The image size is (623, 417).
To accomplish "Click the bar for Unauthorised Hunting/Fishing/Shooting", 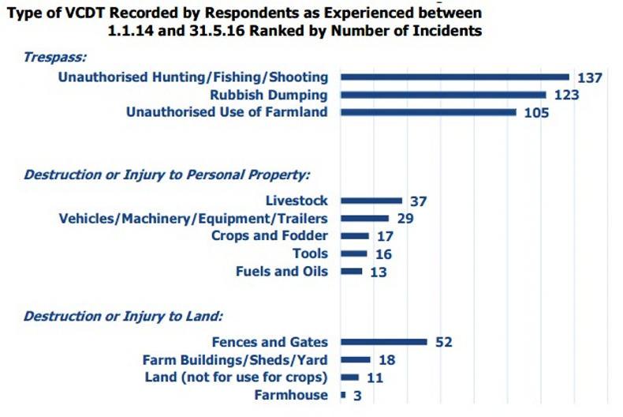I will [x=455, y=77].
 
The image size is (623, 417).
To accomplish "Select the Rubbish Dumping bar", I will [x=443, y=95].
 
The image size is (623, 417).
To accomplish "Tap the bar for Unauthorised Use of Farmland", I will [x=428, y=112].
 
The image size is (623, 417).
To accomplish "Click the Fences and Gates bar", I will [x=384, y=342].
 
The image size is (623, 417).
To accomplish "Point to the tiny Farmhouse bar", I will [x=343, y=394].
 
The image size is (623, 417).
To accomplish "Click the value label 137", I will [x=589, y=77].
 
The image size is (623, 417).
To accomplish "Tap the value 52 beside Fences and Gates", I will [x=443, y=342].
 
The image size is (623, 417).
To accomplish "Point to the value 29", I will [x=405, y=219].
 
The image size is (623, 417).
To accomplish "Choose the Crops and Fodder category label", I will [x=270, y=236].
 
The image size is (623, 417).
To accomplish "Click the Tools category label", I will [x=310, y=254].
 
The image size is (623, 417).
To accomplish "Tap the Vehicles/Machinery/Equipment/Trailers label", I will [x=194, y=219].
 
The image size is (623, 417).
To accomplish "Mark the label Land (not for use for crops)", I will [x=237, y=377].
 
